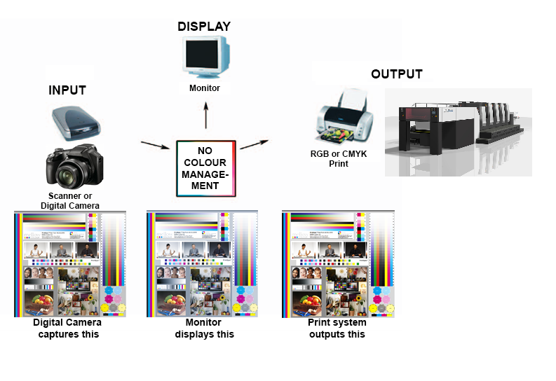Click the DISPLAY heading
coord(203,27)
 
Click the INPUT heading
coord(67,90)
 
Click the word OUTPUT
coord(396,74)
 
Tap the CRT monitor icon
coord(205,57)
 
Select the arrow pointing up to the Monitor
coord(205,115)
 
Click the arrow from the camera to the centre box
coord(155,146)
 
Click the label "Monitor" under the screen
coord(205,88)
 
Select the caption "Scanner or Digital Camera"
coord(70,201)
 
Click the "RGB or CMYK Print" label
coord(339,159)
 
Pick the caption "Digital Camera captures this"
coord(67,328)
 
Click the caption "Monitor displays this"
coord(204,328)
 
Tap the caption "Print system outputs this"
coord(337,328)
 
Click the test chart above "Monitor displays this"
coord(202,263)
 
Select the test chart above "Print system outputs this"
coord(337,263)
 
